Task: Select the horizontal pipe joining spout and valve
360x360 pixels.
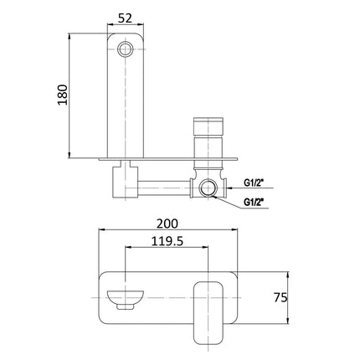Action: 166,179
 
